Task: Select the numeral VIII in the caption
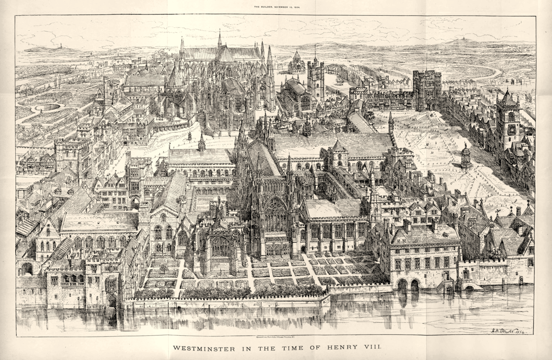click(x=370, y=348)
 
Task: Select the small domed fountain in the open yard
click(x=466, y=155)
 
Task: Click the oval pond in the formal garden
click(x=48, y=107)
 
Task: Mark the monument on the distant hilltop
click(x=60, y=46)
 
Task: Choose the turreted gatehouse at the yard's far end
click(x=427, y=90)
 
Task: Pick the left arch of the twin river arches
click(x=402, y=285)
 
